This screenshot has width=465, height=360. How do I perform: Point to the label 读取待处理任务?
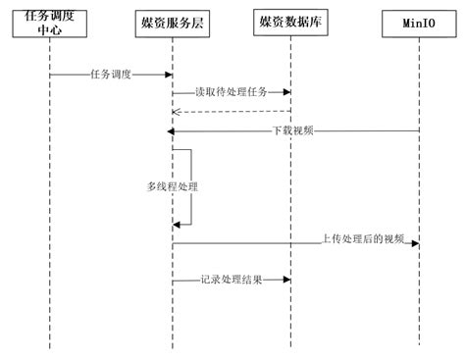[x=232, y=92]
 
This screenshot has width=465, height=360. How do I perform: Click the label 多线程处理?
[x=159, y=185]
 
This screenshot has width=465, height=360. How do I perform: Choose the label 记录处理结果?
[x=231, y=280]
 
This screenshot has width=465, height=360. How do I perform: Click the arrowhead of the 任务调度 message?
[x=170, y=74]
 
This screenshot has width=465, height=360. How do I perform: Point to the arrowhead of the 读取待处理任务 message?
[x=287, y=92]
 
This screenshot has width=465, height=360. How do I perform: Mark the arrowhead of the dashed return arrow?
[x=177, y=112]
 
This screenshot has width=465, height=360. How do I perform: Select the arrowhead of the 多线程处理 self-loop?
[x=177, y=225]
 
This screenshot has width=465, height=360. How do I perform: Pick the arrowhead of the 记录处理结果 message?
[x=287, y=280]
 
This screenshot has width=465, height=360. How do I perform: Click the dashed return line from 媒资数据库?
[x=235, y=112]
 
